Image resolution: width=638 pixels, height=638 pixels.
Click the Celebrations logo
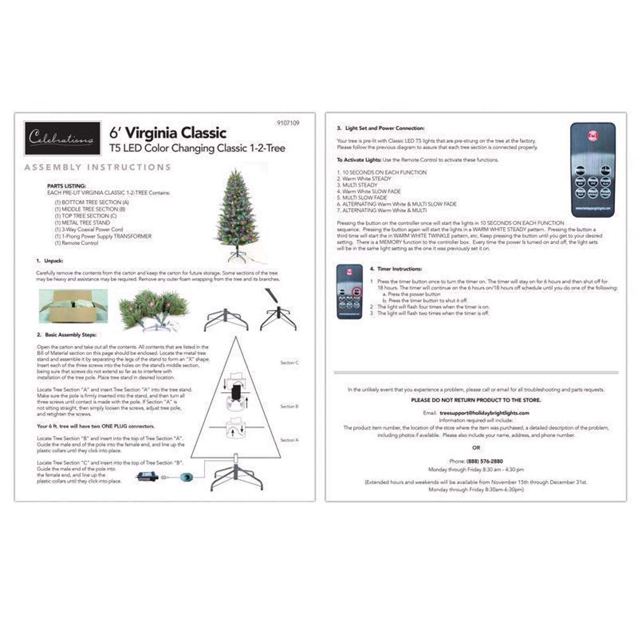point(63,138)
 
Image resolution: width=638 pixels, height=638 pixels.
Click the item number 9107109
point(288,123)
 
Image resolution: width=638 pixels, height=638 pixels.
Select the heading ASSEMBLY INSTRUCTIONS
point(98,167)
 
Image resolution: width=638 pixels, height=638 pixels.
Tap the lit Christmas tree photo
point(236,215)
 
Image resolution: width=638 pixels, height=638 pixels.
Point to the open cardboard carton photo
point(73,306)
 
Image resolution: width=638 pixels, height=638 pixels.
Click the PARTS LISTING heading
point(66,186)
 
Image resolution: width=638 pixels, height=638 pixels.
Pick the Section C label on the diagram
point(289,363)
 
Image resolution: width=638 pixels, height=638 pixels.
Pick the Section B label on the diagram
point(289,407)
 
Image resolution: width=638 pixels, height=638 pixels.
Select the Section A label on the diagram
point(289,440)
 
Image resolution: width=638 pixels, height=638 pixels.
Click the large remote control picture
point(592,170)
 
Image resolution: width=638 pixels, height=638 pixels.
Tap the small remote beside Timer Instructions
point(349,291)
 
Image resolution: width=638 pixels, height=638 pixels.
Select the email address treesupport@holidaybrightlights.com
point(484,413)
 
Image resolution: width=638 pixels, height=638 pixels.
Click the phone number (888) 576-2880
point(484,461)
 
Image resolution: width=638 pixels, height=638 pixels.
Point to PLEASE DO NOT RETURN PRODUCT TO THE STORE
point(476,400)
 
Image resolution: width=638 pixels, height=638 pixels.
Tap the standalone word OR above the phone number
point(476,448)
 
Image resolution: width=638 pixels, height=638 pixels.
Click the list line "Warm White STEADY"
point(366,179)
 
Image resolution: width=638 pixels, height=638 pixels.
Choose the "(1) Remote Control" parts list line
point(77,243)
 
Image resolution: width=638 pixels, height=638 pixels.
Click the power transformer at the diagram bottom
point(147,477)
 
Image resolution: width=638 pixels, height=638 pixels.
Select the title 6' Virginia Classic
point(168,133)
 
